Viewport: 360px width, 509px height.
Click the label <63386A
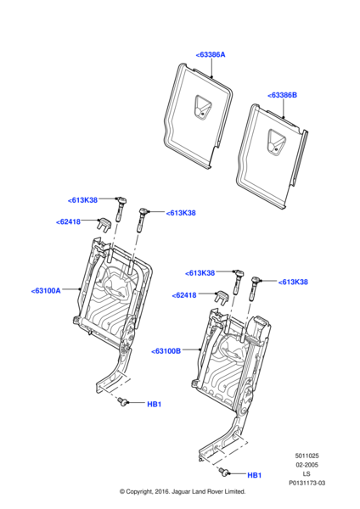click(x=211, y=54)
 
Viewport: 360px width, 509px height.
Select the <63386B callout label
click(x=282, y=95)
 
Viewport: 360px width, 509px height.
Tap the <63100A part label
click(x=46, y=290)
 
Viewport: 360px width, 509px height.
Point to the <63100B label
click(x=166, y=351)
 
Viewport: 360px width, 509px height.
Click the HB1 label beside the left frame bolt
click(x=155, y=404)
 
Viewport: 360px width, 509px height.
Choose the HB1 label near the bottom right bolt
click(x=255, y=475)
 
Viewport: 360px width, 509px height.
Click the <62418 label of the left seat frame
click(x=68, y=222)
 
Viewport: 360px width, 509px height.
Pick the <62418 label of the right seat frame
click(x=184, y=295)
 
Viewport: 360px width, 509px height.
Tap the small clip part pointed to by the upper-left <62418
click(x=104, y=224)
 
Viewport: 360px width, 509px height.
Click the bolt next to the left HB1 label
click(x=122, y=402)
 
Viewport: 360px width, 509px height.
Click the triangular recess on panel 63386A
click(x=202, y=108)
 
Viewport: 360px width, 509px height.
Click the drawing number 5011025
click(x=307, y=456)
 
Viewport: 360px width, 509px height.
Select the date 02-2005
click(x=307, y=465)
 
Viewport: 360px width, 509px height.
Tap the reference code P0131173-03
click(x=307, y=483)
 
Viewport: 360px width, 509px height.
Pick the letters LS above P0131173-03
click(x=307, y=474)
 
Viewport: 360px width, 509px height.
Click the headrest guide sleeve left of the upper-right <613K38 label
click(x=143, y=220)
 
